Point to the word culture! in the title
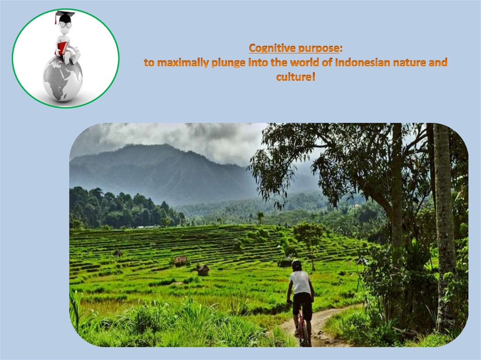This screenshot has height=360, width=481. [295, 77]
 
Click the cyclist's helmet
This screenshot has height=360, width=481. [296, 264]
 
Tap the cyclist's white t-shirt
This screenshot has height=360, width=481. [300, 283]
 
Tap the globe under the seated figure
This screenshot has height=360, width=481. [62, 78]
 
